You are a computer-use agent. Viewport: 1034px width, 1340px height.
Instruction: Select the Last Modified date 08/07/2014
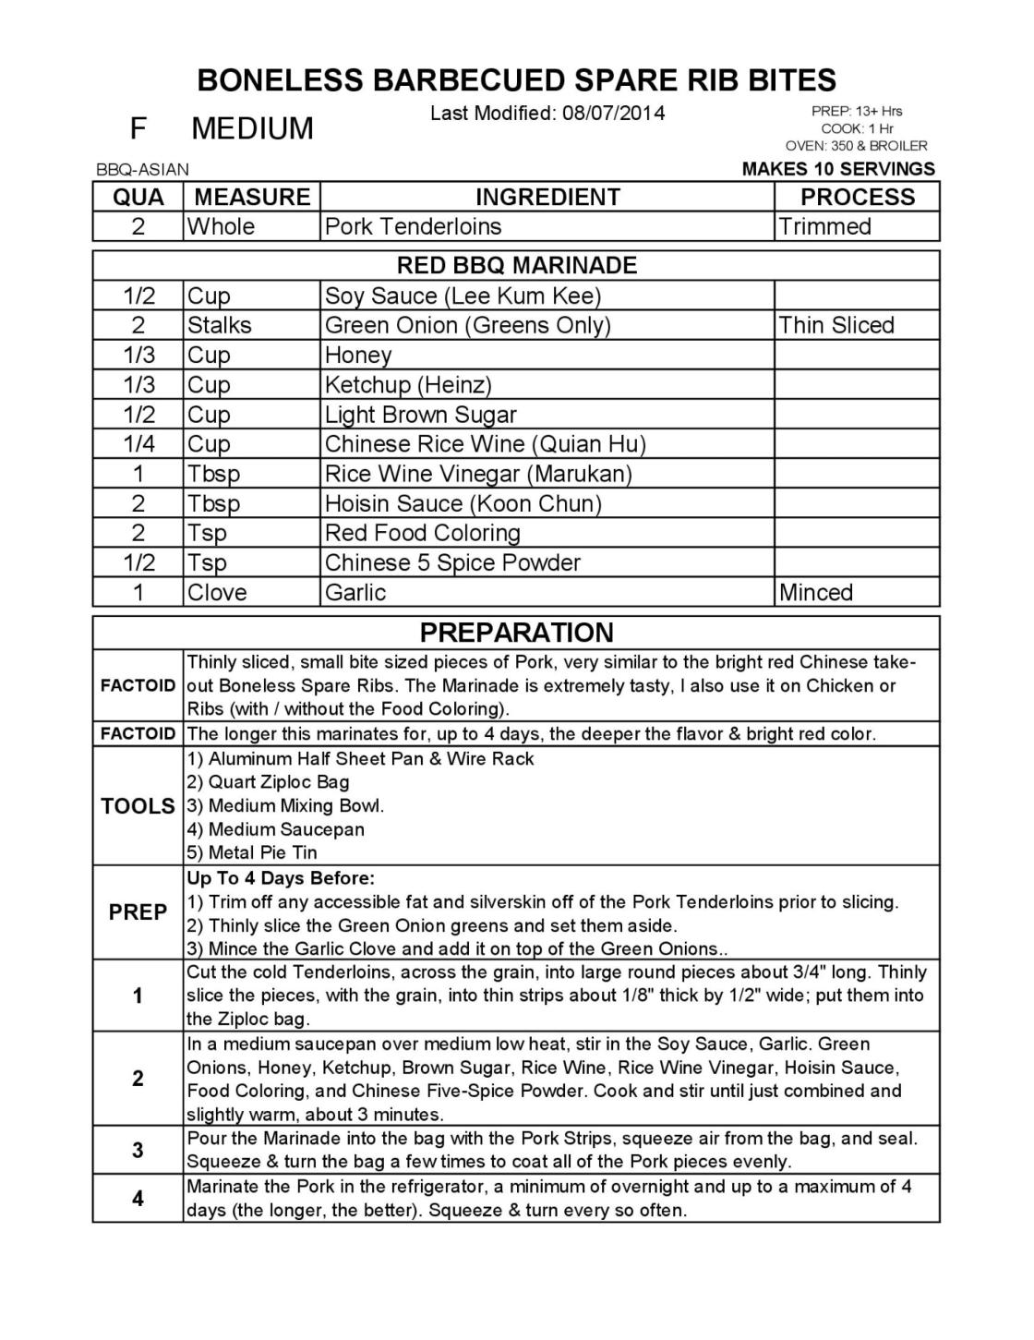point(547,114)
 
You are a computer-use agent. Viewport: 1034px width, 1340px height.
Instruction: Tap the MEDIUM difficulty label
point(252,128)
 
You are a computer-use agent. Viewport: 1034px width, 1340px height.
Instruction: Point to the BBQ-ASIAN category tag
point(142,170)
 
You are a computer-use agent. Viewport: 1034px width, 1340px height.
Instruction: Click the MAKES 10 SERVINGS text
point(838,169)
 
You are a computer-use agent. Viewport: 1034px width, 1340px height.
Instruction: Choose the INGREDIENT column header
point(547,197)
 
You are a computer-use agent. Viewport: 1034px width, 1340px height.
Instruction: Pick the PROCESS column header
point(857,197)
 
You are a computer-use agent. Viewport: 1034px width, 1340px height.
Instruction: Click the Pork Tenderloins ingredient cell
point(413,226)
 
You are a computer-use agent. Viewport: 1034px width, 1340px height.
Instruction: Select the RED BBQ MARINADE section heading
point(516,266)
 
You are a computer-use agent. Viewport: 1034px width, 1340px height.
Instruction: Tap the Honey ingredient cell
point(358,356)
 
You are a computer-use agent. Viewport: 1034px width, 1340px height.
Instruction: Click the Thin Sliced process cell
point(836,325)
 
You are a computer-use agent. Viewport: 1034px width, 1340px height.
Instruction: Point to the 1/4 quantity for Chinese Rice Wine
point(138,444)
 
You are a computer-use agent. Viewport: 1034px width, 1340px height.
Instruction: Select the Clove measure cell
point(217,592)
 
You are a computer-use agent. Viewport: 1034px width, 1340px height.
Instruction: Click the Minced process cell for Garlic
point(815,592)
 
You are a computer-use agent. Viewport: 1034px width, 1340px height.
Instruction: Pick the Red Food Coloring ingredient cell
point(422,533)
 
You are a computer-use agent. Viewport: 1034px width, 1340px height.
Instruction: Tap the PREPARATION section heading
point(516,633)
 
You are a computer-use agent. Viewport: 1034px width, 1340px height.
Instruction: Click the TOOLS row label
point(138,806)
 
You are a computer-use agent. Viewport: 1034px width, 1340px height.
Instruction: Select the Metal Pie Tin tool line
point(252,852)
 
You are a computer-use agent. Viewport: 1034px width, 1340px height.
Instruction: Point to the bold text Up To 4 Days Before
point(281,878)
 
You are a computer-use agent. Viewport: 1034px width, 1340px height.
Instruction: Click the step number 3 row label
point(138,1150)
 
